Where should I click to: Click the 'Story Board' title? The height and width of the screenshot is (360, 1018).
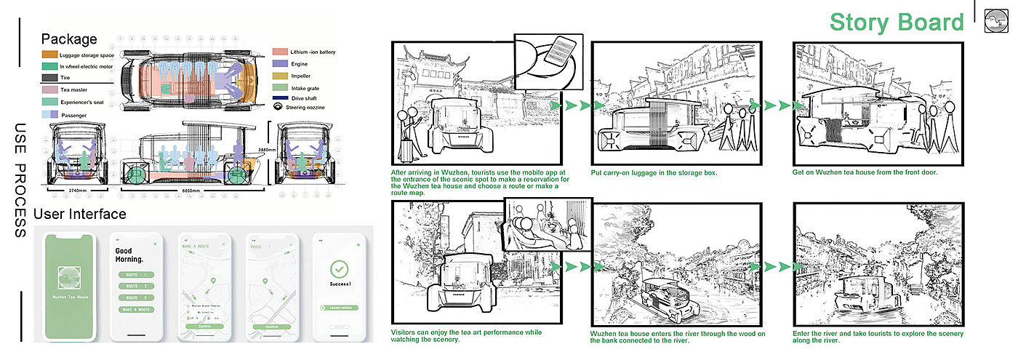(896, 23)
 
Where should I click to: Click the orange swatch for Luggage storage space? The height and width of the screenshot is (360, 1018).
(49, 55)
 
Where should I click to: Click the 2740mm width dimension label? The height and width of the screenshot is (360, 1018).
(68, 190)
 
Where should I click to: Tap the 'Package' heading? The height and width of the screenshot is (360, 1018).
(69, 39)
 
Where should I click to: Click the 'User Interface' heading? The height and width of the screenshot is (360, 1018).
(79, 214)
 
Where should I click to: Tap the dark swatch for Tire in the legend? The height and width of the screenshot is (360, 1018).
(49, 77)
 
